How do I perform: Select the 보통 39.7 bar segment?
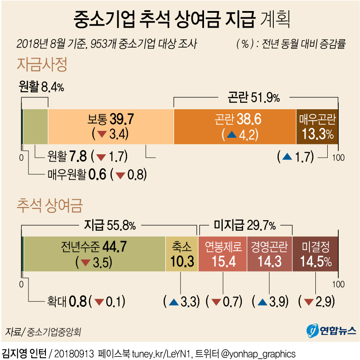pos(111,126)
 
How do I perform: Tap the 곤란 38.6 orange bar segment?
pos(235,126)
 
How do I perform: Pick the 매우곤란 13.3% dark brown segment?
pos(317,126)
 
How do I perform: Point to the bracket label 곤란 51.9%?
pos(254,98)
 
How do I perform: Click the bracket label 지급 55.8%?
pos(110,225)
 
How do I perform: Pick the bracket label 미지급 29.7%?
pos(244,225)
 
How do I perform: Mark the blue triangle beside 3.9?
pos(262,302)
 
